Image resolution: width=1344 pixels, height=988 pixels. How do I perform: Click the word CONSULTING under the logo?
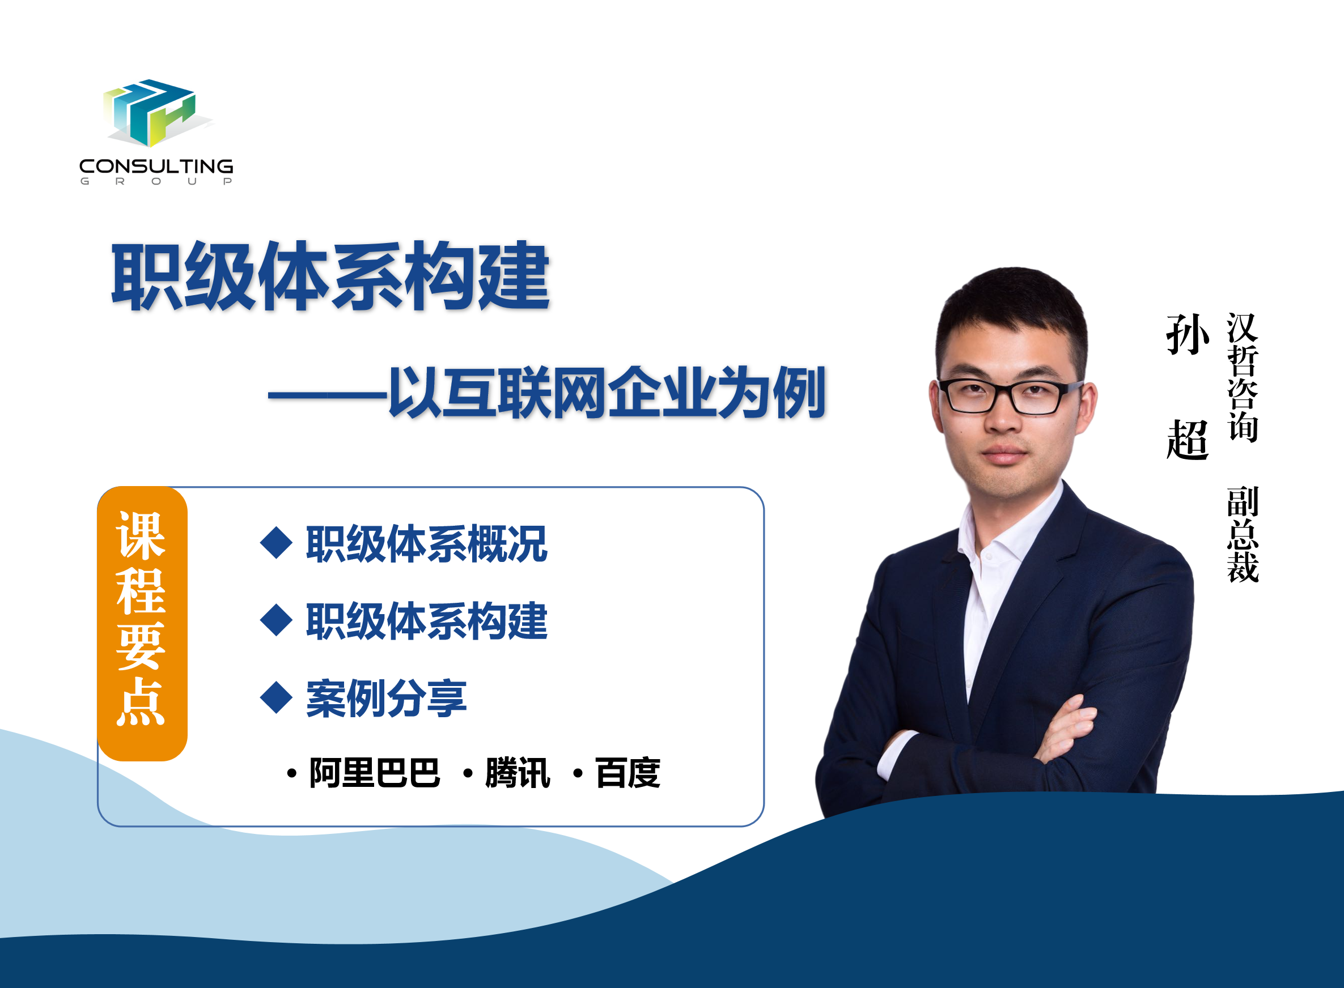click(156, 166)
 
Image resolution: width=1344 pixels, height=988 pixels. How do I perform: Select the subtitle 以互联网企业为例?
click(607, 393)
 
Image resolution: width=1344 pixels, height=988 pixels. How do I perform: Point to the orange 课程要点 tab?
click(142, 624)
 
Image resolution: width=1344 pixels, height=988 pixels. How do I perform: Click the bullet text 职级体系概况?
click(427, 544)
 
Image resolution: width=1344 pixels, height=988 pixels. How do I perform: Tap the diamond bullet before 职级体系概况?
click(277, 543)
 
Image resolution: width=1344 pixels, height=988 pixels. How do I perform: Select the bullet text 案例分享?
click(386, 698)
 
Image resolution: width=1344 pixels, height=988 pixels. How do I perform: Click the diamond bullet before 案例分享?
click(277, 697)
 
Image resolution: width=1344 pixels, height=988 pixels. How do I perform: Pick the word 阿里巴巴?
click(375, 773)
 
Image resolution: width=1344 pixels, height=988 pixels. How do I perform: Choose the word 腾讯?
click(518, 773)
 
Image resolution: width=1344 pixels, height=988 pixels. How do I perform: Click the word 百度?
click(628, 773)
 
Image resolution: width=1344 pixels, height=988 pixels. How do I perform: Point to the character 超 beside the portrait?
click(1188, 439)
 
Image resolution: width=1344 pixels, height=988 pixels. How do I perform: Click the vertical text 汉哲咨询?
click(1243, 377)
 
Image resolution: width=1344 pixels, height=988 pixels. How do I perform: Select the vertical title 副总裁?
click(1243, 535)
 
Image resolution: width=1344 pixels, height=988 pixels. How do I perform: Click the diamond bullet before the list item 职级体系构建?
click(277, 620)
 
